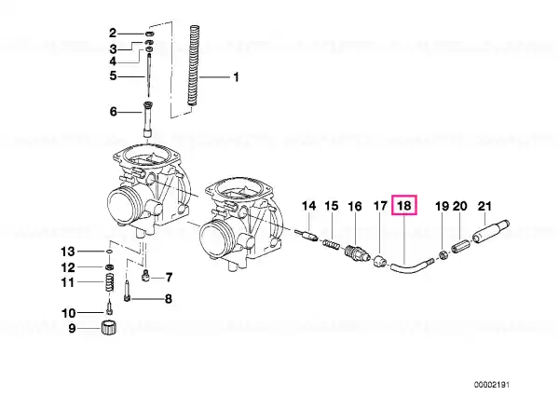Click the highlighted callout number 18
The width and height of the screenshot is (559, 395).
404,205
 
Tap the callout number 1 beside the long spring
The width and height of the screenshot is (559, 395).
236,77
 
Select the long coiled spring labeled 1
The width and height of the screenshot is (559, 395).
194,65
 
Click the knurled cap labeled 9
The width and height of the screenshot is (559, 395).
108,328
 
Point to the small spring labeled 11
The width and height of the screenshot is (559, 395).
110,283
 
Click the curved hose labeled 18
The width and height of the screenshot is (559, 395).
409,267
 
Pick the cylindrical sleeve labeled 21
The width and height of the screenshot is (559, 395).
491,232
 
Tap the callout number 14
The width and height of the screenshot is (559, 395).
308,206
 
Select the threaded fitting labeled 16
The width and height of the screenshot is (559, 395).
355,252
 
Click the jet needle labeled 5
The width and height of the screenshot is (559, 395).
148,75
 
